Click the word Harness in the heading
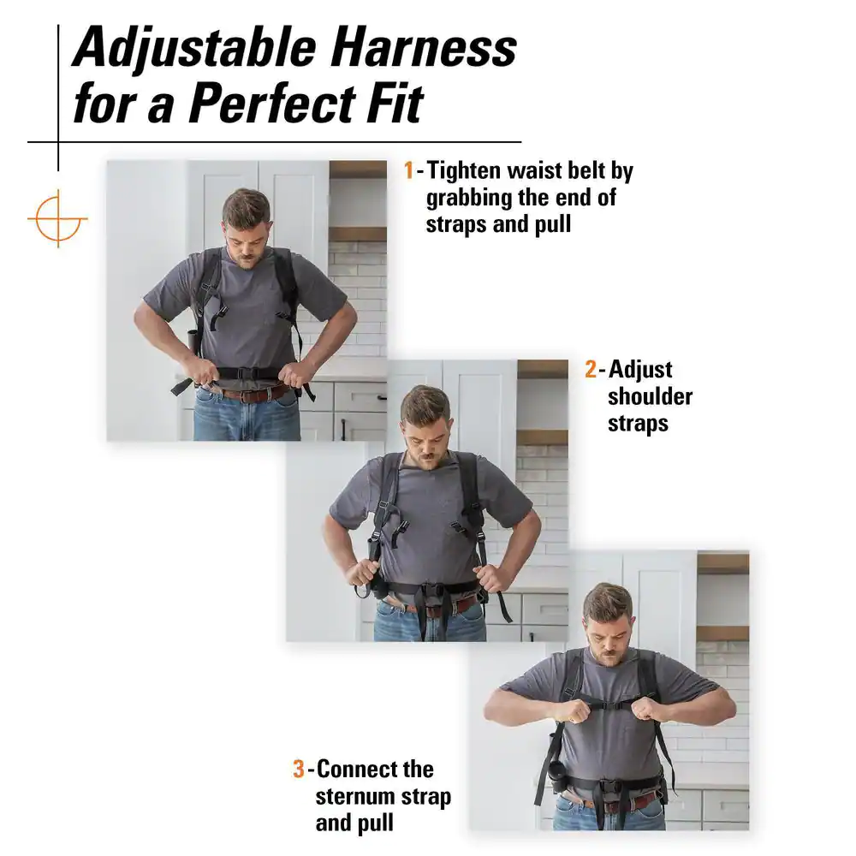pos(423,48)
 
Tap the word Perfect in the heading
pos(271,103)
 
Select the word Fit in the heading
pos(395,103)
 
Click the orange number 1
pos(408,170)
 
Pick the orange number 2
pos(590,370)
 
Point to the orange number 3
pos(298,770)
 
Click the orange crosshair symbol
pos(58,218)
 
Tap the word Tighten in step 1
pos(463,172)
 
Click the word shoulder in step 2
pos(651,396)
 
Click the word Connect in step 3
pos(356,770)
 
